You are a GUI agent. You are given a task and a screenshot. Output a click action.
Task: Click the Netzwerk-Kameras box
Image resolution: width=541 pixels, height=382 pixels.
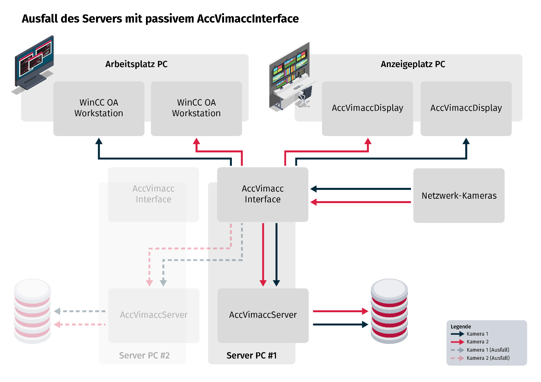pyautogui.click(x=459, y=196)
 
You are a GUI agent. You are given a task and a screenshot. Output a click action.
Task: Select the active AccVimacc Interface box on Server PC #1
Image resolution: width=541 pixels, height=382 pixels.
pyautogui.click(x=263, y=195)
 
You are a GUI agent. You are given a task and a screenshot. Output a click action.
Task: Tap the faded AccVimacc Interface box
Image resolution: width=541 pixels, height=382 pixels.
pyautogui.click(x=153, y=195)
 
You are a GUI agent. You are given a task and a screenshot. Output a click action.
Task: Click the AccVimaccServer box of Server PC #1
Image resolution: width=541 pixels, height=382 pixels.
pyautogui.click(x=263, y=315)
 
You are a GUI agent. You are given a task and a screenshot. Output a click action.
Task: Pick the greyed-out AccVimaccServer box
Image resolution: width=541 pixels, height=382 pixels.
pyautogui.click(x=154, y=315)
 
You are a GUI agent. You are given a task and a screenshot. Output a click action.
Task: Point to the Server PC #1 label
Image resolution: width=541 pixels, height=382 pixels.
pyautogui.click(x=251, y=355)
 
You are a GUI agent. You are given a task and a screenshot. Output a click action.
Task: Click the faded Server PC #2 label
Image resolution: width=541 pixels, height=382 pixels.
pyautogui.click(x=144, y=355)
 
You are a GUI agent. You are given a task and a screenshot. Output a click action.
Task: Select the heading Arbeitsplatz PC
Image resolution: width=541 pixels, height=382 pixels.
pyautogui.click(x=137, y=64)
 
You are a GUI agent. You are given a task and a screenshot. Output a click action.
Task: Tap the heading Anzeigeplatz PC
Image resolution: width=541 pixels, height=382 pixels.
pyautogui.click(x=413, y=64)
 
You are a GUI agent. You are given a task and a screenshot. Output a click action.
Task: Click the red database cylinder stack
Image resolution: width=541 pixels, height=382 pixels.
pyautogui.click(x=389, y=311)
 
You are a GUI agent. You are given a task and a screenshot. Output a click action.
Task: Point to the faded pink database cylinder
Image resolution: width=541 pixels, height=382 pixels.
pyautogui.click(x=32, y=311)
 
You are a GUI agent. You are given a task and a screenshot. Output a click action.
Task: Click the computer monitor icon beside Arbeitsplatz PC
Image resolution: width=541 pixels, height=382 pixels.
pyautogui.click(x=33, y=65)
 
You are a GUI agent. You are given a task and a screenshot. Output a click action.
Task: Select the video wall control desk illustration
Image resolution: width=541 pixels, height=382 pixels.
pyautogui.click(x=292, y=77)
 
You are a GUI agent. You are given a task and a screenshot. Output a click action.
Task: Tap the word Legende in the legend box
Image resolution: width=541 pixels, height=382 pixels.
pyautogui.click(x=461, y=327)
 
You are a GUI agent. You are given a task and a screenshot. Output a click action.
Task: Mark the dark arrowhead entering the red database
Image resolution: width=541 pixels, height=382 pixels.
pyautogui.click(x=365, y=325)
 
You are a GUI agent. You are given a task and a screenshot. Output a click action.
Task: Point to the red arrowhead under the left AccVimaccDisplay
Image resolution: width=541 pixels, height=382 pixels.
pyautogui.click(x=368, y=141)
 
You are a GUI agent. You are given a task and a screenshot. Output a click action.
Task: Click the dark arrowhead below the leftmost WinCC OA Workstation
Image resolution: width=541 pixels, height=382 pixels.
pyautogui.click(x=99, y=141)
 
